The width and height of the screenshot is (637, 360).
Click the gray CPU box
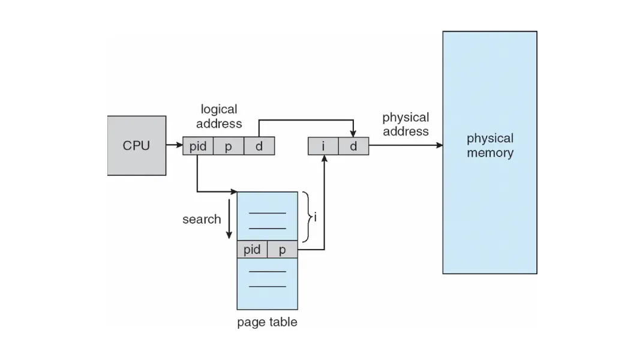[x=137, y=145]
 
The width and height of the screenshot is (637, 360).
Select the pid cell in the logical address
[x=198, y=146]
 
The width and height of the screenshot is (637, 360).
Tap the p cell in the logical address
[x=229, y=146]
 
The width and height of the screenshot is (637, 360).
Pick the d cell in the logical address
[x=259, y=146]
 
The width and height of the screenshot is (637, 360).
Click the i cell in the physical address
[x=323, y=146]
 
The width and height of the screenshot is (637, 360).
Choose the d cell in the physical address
[x=353, y=146]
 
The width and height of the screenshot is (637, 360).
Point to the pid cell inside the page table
[x=252, y=249]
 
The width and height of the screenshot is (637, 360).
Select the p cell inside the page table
[x=283, y=249]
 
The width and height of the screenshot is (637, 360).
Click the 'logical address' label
[x=219, y=116]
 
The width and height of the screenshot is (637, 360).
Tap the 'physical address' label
[x=405, y=124]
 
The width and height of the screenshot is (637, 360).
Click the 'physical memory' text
[x=490, y=146]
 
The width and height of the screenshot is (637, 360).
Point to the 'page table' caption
[x=267, y=322]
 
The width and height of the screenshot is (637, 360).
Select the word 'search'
[x=202, y=219]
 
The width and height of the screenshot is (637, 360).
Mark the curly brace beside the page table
[x=307, y=217]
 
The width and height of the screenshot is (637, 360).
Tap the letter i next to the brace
[x=315, y=217]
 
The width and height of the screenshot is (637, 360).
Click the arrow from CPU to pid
[x=175, y=146]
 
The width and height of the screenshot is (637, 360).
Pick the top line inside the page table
[x=267, y=212]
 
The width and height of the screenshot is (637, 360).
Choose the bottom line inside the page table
[x=267, y=287]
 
